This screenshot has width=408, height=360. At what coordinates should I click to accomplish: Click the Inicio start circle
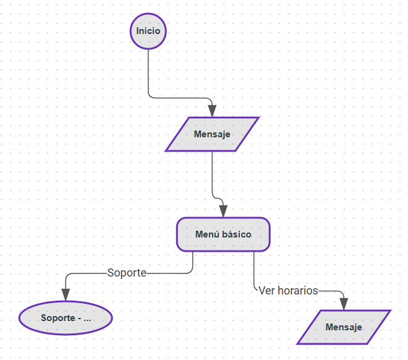click(x=148, y=31)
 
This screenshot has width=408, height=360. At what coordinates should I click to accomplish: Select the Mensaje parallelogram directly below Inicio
click(x=212, y=134)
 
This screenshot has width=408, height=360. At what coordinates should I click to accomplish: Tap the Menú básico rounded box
click(x=223, y=234)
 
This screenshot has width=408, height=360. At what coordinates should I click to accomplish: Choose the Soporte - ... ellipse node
click(x=66, y=319)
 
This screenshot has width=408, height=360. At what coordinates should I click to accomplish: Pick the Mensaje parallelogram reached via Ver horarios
click(x=344, y=327)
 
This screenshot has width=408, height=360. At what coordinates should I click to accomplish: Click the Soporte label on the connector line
click(x=127, y=272)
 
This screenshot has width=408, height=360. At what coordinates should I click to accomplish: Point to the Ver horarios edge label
click(x=288, y=290)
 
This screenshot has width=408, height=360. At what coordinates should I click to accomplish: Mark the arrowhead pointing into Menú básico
click(x=223, y=211)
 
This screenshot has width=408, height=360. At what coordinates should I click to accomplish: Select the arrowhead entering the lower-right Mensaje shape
click(x=344, y=304)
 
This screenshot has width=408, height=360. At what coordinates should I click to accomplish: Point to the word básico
click(x=236, y=234)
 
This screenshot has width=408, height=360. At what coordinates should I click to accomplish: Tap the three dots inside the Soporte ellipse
click(x=87, y=319)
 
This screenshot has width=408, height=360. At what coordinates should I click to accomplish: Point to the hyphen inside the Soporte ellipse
click(x=79, y=319)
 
